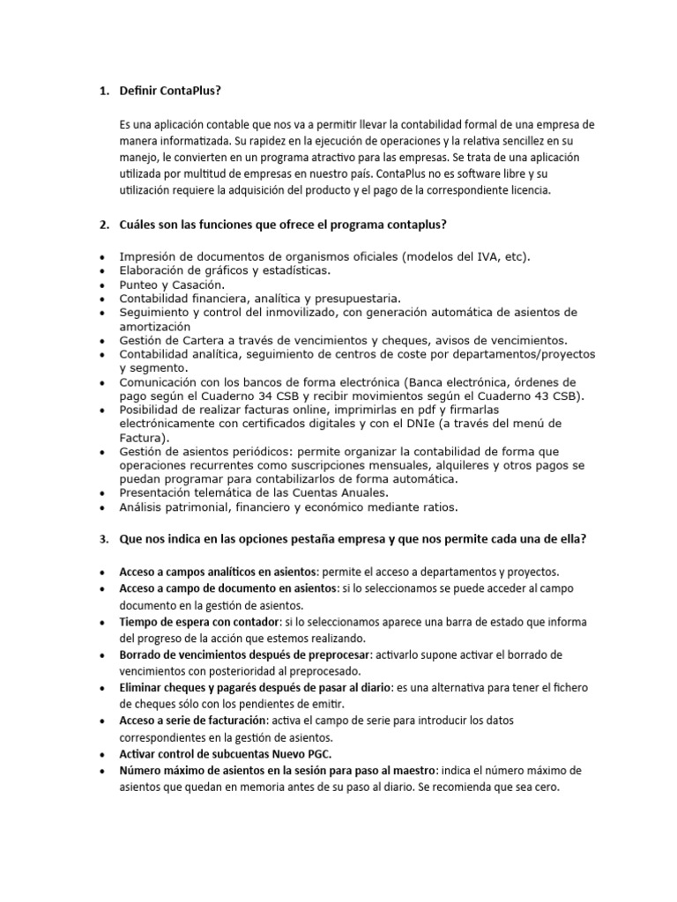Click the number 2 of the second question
pyautogui.click(x=101, y=225)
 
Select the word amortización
pyautogui.click(x=154, y=326)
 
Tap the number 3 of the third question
pyautogui.click(x=101, y=539)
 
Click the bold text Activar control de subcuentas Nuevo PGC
pyautogui.click(x=226, y=754)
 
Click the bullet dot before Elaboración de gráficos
pyautogui.click(x=103, y=270)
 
